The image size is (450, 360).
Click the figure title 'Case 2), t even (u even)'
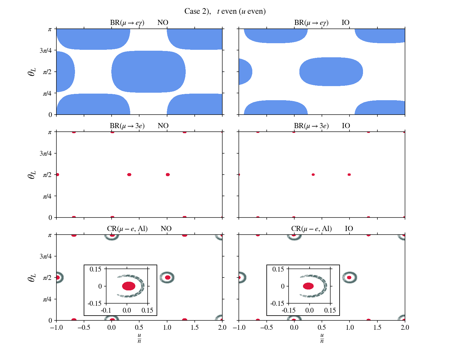point(225,11)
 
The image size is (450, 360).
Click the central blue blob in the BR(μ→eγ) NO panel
point(148,71)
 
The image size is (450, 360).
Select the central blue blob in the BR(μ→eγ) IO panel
point(331,71)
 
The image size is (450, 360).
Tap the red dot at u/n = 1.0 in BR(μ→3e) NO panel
point(168,175)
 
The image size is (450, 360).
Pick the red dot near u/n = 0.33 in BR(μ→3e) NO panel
point(129,175)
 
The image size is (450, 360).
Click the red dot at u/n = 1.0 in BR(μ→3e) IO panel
point(349,175)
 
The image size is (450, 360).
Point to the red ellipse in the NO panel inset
point(129,286)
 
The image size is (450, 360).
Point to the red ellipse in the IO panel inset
point(308,286)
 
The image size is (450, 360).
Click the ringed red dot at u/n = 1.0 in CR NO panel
point(167,277)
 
